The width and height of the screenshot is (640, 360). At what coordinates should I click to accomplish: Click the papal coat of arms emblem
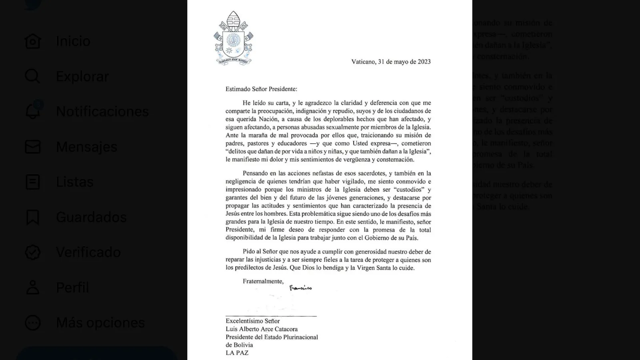point(233,38)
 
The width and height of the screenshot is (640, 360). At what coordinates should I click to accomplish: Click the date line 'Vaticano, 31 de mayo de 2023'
point(391,62)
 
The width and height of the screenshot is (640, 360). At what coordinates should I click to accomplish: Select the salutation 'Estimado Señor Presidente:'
point(261,89)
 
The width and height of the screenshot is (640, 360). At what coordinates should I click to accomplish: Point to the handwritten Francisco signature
point(300,288)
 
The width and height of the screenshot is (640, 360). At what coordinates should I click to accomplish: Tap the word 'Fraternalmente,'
point(263,281)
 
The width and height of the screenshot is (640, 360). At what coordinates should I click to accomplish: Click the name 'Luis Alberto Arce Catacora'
point(262,329)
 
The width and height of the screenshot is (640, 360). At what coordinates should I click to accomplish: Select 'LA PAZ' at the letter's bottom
point(237,353)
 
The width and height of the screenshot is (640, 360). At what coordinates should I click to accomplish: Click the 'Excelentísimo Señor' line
point(252,321)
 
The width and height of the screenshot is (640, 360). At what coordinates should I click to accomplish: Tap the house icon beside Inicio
point(32,41)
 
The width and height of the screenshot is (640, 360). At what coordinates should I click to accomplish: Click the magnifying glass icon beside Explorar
point(32,76)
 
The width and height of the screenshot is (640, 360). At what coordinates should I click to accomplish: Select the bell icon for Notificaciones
point(32,111)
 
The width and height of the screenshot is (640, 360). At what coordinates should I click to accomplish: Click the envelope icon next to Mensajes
point(32,147)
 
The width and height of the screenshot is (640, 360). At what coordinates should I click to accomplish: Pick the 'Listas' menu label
point(74,182)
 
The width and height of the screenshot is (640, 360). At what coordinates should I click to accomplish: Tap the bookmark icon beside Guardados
point(32,217)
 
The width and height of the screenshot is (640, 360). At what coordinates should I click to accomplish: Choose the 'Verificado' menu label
point(88,252)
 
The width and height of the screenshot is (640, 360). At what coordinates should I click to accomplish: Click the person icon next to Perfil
point(32,288)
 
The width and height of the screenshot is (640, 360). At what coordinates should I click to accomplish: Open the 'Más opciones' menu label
point(100,323)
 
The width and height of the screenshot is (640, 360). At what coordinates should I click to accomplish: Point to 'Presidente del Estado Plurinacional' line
point(272,337)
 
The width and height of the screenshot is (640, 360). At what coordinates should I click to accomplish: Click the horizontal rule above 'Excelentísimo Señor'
point(271,316)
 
